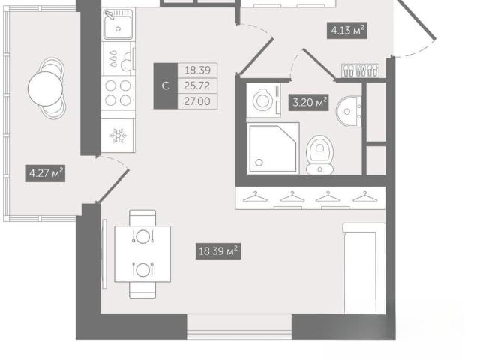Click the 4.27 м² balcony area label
45,173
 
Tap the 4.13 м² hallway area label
346,31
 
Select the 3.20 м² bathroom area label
308,102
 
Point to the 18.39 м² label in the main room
218,251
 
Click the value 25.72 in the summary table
197,85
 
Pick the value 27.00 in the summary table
197,101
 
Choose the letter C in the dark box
165,85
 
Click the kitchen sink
118,25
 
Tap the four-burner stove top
118,93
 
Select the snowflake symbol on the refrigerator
118,136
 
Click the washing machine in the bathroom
263,100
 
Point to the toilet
320,155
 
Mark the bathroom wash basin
349,111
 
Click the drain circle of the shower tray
259,163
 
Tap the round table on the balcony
45,88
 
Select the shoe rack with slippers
360,70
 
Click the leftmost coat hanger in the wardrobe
255,196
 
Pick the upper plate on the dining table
142,237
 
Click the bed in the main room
364,268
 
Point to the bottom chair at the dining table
142,290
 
